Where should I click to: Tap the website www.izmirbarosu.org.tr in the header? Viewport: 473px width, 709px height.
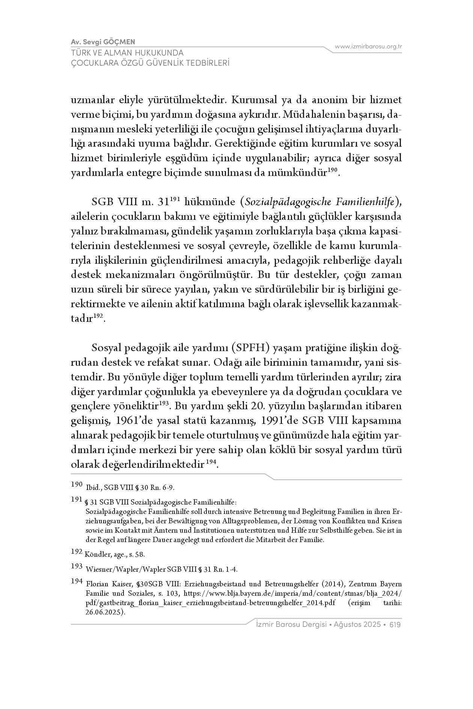click(368, 47)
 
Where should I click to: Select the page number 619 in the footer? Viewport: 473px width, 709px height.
click(396, 625)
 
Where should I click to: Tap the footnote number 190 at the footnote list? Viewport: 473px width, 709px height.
click(77, 485)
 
